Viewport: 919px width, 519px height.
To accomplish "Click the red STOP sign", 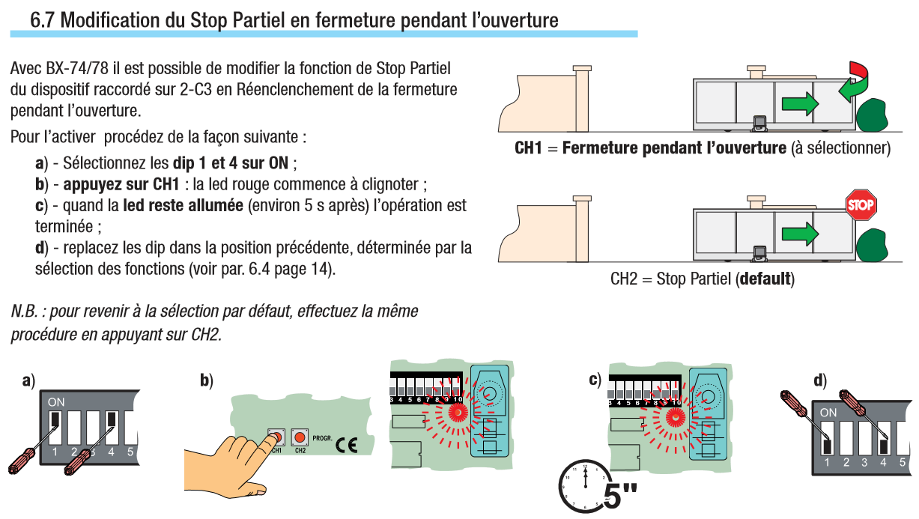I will click(861, 205).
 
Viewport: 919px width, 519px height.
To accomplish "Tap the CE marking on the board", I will click(347, 443).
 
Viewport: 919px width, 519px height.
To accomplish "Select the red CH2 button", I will click(300, 437).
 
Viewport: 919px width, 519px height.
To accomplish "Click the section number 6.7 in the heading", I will click(42, 19).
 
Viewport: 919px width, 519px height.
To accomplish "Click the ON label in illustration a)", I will click(56, 402).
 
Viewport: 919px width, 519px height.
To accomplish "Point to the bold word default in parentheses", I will click(764, 280).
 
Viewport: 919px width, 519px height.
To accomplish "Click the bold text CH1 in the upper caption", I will click(528, 148).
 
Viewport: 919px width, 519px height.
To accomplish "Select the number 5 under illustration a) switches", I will click(130, 452).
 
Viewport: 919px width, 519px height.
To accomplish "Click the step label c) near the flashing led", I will click(595, 380).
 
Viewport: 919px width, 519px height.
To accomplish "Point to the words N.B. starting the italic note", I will click(25, 311).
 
